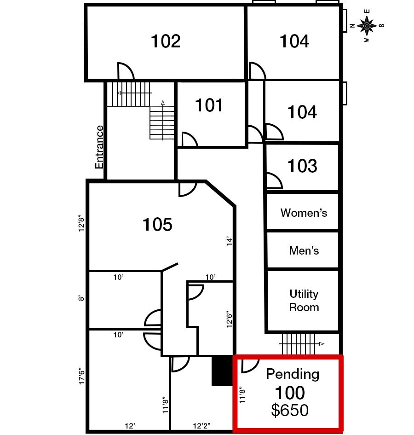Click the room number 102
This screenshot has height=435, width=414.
(x=166, y=41)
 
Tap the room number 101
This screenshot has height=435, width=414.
(x=209, y=105)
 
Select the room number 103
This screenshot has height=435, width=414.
(x=302, y=166)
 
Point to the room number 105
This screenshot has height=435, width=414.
(x=157, y=224)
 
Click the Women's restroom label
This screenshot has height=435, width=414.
(x=304, y=213)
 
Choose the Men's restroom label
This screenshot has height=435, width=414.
(x=304, y=250)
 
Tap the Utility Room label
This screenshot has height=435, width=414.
(x=304, y=301)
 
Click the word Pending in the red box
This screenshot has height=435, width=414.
(x=293, y=374)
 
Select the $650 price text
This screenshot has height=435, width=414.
(x=290, y=410)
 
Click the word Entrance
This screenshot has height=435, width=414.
(x=99, y=147)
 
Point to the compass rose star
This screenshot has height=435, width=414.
(x=367, y=26)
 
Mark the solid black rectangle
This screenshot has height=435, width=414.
(x=222, y=371)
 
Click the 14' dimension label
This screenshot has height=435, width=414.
(x=230, y=241)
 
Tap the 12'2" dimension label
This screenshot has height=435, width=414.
(x=201, y=426)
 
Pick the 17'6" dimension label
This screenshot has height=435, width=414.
(x=81, y=376)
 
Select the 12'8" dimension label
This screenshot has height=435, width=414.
(x=81, y=223)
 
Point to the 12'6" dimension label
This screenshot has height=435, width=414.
(x=230, y=319)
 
